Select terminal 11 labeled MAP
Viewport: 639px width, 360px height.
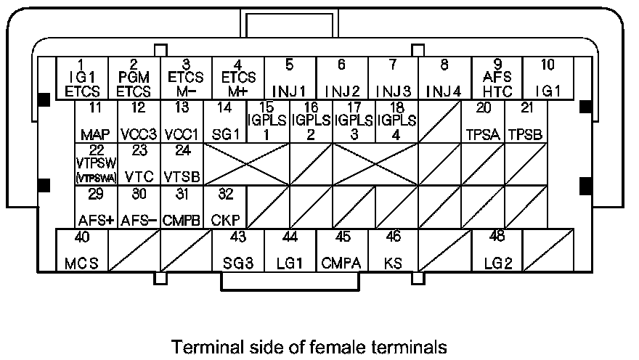[x=95, y=122]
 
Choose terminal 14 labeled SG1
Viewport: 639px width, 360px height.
[x=224, y=122]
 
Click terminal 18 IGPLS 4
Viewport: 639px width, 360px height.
[x=397, y=122]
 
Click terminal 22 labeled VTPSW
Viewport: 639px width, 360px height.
[x=95, y=164]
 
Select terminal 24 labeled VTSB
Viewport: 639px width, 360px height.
[x=182, y=164]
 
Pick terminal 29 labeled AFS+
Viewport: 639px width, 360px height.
[x=95, y=207]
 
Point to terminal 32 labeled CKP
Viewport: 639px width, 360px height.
[x=224, y=207]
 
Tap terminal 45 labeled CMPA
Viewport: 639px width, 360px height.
[x=341, y=250]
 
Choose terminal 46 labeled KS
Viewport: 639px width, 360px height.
[x=393, y=250]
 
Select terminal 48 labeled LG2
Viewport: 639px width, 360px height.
[x=497, y=250]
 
